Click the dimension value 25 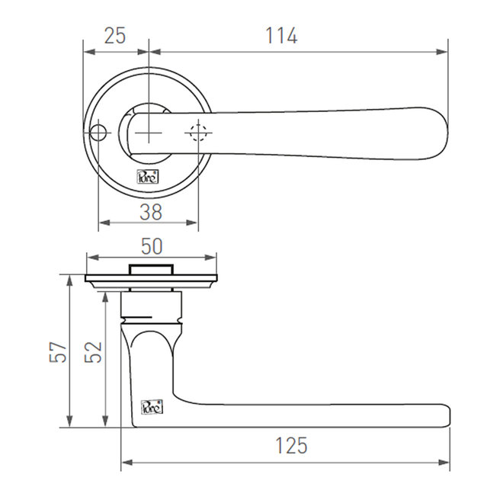point(115,36)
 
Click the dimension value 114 point(280,36)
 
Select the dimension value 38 point(151,212)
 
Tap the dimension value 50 point(151,246)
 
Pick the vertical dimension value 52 point(93,351)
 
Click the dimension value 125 point(292,446)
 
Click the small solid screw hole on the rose point(97,134)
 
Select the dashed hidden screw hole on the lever point(198,133)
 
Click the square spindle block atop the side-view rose point(151,269)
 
